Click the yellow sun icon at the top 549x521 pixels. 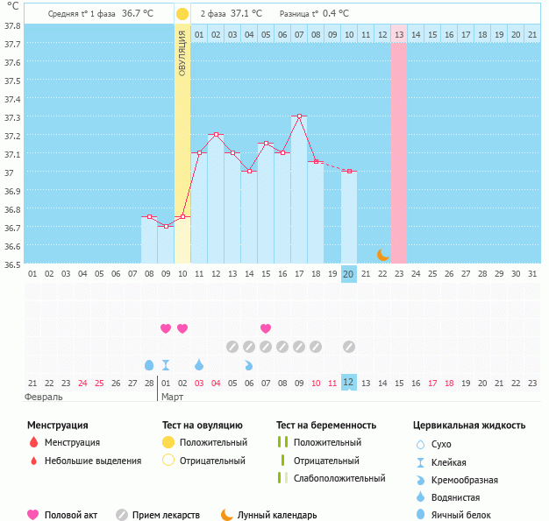182,14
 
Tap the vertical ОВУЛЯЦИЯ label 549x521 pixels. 182,53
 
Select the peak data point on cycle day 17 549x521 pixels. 299,116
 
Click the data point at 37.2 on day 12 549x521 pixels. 216,134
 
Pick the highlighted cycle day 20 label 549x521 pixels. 348,274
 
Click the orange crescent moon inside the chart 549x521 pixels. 382,255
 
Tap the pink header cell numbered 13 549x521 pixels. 398,34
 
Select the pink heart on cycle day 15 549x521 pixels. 266,328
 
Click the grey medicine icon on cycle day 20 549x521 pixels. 349,346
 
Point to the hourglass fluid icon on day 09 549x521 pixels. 166,364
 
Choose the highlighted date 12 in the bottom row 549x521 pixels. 348,383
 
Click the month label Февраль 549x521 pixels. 45,397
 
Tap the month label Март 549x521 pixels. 172,397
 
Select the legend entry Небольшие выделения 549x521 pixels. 92,461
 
